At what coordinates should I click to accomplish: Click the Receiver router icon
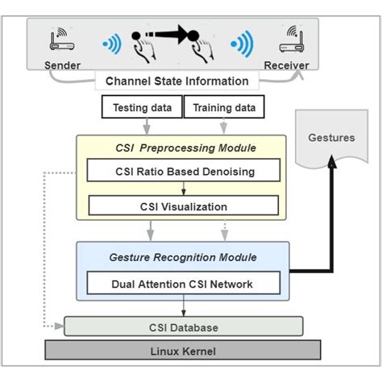point(293,37)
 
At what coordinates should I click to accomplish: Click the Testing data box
point(140,106)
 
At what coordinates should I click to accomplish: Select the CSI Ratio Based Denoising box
point(184,170)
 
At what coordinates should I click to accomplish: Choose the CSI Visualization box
point(184,206)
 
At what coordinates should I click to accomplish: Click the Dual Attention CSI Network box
point(184,283)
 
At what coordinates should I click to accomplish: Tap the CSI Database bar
point(184,327)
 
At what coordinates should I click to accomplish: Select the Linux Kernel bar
point(182,351)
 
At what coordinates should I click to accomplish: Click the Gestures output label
point(331,138)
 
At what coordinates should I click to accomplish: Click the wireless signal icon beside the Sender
point(112,43)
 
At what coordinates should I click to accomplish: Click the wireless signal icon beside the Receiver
point(241,43)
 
